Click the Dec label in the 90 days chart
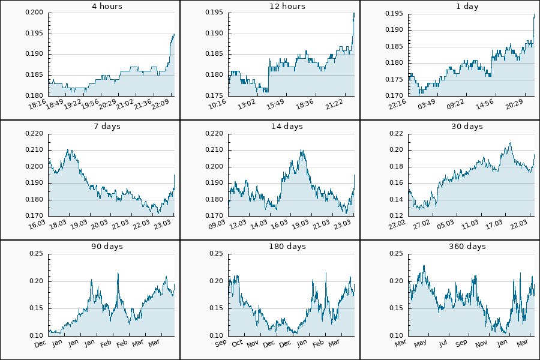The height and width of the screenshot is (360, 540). [x=41, y=344]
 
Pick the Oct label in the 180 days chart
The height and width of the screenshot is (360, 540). [x=238, y=344]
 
